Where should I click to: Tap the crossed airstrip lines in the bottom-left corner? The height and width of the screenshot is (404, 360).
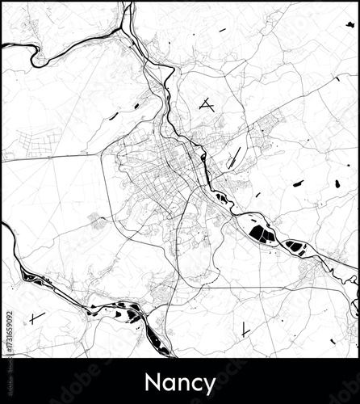(36, 318)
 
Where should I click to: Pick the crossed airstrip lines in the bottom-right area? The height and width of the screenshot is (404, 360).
(243, 329)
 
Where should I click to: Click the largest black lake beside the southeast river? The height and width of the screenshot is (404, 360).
(260, 234)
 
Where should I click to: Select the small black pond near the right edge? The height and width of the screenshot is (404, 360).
(337, 184)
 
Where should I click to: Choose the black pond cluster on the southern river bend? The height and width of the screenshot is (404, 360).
(121, 311)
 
